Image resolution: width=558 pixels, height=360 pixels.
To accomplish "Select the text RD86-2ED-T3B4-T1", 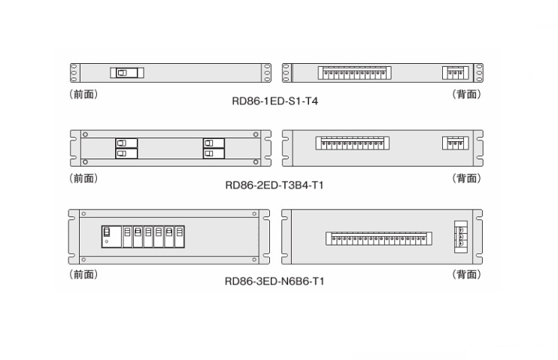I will pos(275,184).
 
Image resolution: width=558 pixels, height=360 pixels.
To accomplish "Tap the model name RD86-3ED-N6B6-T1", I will pos(275,282).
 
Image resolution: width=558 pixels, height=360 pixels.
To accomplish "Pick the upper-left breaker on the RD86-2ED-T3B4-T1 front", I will pos(126,143).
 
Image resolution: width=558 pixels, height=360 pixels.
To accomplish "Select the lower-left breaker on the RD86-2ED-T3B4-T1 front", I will pos(126,153).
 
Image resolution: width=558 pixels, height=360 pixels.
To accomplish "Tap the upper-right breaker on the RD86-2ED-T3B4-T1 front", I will pos(214,143).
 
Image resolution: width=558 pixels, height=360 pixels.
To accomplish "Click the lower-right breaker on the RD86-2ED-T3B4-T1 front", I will pos(214,153).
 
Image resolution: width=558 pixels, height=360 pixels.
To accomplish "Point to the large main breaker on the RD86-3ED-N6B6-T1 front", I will pos(110,236).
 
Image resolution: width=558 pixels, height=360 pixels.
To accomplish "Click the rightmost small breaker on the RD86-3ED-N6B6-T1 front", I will pos(180,236).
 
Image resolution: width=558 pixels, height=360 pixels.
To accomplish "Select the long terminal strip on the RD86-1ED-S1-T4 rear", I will pos(352,72).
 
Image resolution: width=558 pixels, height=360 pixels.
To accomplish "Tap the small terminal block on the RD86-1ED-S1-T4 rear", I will pos(455,72).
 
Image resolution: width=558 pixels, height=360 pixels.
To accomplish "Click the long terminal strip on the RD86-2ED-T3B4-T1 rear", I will pos(351,143).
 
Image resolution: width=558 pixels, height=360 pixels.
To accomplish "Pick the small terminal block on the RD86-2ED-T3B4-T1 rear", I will pos(455,143).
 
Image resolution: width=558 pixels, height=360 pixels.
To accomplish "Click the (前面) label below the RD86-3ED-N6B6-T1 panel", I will pos(83,274).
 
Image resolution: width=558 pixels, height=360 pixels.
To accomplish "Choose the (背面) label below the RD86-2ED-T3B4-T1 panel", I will pos(466,178).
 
